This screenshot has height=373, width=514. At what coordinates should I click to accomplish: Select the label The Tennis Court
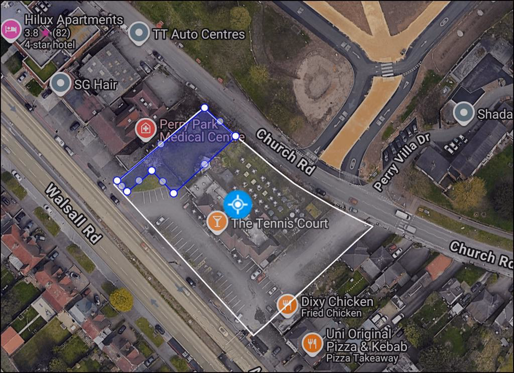click(279, 224)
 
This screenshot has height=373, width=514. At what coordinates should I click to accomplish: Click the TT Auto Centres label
click(198, 35)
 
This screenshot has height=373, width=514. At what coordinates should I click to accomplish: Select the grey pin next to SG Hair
click(61, 84)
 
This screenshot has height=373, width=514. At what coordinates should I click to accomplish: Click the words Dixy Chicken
click(337, 302)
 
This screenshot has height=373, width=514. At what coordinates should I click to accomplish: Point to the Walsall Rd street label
click(73, 213)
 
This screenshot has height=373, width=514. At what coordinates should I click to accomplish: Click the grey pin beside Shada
click(463, 113)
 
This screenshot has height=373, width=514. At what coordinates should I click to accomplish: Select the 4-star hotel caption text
click(50, 45)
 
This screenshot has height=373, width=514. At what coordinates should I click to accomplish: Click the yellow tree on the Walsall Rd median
click(121, 299)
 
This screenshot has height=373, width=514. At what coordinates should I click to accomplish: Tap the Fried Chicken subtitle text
click(331, 313)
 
